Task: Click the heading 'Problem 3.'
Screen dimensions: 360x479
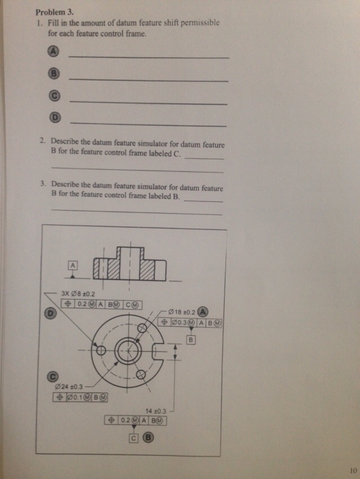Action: point(55,12)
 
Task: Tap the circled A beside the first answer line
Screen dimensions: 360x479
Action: point(53,52)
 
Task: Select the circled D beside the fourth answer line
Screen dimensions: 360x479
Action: point(55,118)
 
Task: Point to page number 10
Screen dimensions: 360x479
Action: point(353,471)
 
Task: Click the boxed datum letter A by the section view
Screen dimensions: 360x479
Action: point(73,265)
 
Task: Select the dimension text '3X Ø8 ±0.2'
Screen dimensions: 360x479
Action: point(78,294)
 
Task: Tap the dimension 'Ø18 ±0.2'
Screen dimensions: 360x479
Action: point(183,312)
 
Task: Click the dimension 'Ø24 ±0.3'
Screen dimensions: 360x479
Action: point(69,387)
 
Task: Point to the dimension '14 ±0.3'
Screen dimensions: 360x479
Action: point(156,411)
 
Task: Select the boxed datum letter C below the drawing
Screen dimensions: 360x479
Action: point(133,438)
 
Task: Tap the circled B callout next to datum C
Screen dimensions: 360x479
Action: point(149,438)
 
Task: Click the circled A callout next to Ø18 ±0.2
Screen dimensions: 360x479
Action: point(202,311)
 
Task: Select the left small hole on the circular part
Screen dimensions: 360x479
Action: point(101,350)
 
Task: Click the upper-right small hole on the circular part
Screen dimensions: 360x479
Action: point(142,328)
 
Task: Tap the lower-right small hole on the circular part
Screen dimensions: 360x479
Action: point(141,374)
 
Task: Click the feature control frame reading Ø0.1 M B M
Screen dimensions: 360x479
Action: point(80,397)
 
